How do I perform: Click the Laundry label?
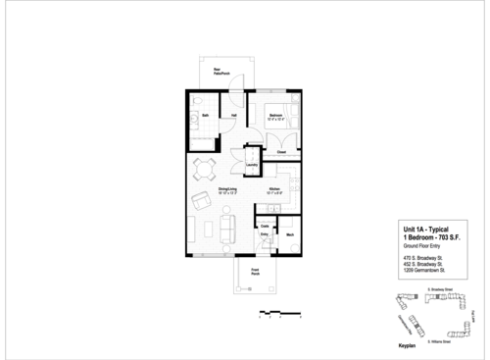(252, 165)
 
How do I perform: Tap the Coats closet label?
(264, 224)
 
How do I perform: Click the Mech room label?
(291, 233)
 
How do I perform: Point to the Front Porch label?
(255, 271)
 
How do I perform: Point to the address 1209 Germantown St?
(425, 270)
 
